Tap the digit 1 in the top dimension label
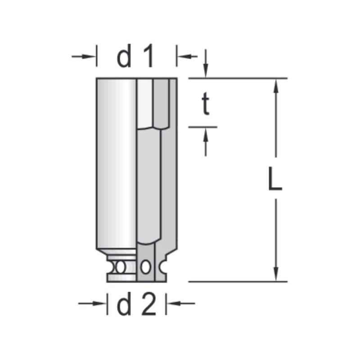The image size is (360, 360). pos(147,57)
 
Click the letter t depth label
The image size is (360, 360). pos(206,105)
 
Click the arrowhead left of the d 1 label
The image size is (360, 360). pos(91,56)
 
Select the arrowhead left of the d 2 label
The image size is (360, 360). pos(102,303)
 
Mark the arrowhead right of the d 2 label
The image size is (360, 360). pos(171,303)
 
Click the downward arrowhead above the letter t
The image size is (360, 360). pos(206,72)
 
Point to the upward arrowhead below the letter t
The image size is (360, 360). pos(206,134)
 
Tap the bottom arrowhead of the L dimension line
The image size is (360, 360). pos(276,275)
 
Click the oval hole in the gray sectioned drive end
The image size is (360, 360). pos(145,267)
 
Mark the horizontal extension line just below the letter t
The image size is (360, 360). pos(202,127)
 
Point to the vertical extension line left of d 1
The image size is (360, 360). pos(96,56)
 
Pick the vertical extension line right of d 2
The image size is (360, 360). pos(166,303)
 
